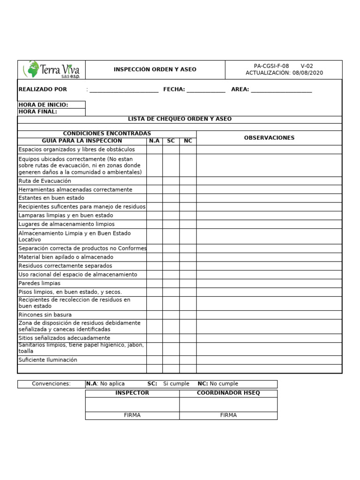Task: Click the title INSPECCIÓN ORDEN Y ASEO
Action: [x=155, y=69]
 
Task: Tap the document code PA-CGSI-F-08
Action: [x=271, y=66]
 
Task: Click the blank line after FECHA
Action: [x=206, y=90]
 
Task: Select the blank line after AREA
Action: [x=281, y=90]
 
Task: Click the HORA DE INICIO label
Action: [x=43, y=105]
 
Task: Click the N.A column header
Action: [x=154, y=141]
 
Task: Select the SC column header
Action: [x=171, y=141]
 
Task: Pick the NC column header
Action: [x=187, y=141]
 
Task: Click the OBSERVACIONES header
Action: [x=269, y=138]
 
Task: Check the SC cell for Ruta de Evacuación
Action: [x=171, y=181]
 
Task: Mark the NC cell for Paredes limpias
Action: [x=187, y=284]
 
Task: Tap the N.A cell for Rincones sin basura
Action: [x=154, y=315]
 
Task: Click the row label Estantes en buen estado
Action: [x=52, y=198]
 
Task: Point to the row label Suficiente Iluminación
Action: [x=48, y=360]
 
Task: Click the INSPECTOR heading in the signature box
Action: [x=132, y=393]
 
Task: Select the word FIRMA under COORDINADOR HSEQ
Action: [x=228, y=415]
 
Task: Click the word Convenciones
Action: [x=51, y=384]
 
